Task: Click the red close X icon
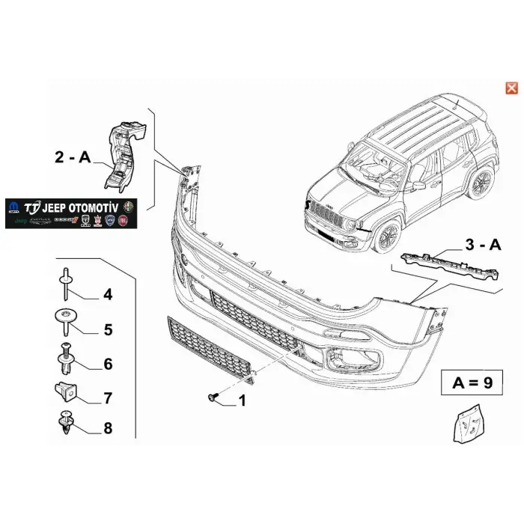click(512, 88)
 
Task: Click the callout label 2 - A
click(73, 157)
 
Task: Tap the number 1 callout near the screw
click(241, 402)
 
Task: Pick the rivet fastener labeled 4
click(65, 282)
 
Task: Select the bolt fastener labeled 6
click(65, 356)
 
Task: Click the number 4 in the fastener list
click(108, 295)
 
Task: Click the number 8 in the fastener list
click(108, 428)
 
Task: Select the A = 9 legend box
click(472, 384)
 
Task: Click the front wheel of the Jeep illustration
click(389, 234)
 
